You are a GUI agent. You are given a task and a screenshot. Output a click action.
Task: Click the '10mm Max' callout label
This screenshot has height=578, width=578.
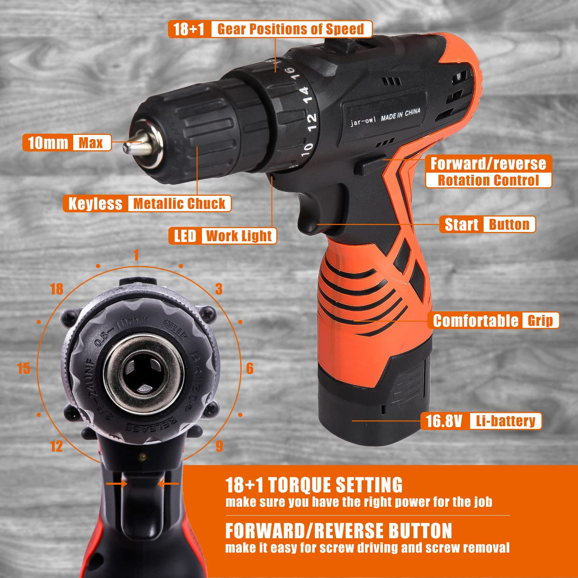pyautogui.click(x=67, y=143)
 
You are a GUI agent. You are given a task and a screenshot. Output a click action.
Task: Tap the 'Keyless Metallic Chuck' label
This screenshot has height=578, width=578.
pyautogui.click(x=147, y=204)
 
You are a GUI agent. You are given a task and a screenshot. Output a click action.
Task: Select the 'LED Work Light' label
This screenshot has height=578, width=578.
pyautogui.click(x=222, y=236)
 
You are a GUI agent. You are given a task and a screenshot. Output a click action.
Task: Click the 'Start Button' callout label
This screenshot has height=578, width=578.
pyautogui.click(x=487, y=224)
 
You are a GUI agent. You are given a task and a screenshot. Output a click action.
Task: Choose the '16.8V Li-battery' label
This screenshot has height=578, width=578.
pyautogui.click(x=481, y=421)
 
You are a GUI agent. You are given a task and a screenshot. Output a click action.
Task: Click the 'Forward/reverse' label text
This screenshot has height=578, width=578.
pyautogui.click(x=488, y=163)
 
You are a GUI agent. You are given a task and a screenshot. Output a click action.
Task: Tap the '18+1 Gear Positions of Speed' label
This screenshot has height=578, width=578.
pyautogui.click(x=270, y=29)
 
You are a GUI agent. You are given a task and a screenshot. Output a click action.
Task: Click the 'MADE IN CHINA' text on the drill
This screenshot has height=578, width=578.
pyautogui.click(x=400, y=114)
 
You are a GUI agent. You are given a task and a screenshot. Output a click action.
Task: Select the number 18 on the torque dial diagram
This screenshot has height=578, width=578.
pyautogui.click(x=56, y=289)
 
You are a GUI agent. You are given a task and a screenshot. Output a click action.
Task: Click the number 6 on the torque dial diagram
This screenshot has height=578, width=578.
pyautogui.click(x=249, y=369)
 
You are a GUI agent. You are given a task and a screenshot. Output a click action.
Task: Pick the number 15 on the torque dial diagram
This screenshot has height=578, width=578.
pyautogui.click(x=23, y=369)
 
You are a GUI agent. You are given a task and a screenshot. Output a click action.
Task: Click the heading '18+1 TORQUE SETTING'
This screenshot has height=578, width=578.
pyautogui.click(x=314, y=485)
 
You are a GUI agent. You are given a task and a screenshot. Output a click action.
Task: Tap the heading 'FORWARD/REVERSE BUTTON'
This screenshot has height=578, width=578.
pyautogui.click(x=339, y=531)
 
